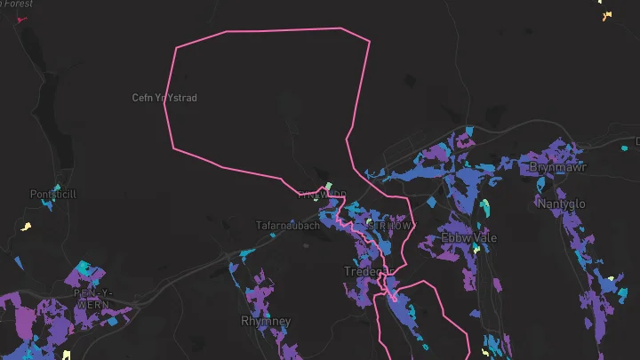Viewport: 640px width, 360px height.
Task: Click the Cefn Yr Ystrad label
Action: [x=164, y=97]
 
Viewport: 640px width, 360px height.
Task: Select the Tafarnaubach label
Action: [x=287, y=226]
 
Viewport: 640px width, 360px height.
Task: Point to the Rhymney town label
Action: [x=261, y=320]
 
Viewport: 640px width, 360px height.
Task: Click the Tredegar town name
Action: [x=367, y=271]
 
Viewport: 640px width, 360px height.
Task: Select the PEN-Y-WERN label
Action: [x=92, y=298]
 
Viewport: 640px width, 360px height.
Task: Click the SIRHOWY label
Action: [x=389, y=226]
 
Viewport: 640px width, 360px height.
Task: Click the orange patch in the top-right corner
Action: [x=607, y=15]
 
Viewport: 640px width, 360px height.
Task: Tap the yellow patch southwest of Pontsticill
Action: [x=26, y=226]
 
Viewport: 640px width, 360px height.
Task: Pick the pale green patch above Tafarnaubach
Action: [x=328, y=188]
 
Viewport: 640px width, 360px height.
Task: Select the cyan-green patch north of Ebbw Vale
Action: [x=484, y=208]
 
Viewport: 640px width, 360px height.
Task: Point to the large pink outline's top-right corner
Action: [x=368, y=41]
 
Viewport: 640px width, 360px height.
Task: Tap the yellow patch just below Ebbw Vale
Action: [x=476, y=250]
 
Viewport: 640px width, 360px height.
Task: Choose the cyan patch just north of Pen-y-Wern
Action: [x=84, y=267]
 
